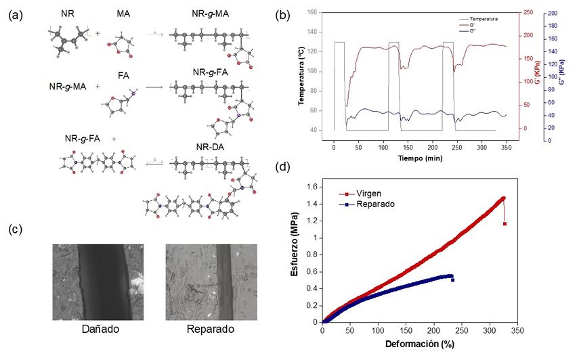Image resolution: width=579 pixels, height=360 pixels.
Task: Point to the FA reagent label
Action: tap(123, 75)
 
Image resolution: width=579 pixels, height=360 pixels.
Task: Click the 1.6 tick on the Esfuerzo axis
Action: tap(312, 187)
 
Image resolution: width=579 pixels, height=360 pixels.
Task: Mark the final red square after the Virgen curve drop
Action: tap(505, 223)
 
